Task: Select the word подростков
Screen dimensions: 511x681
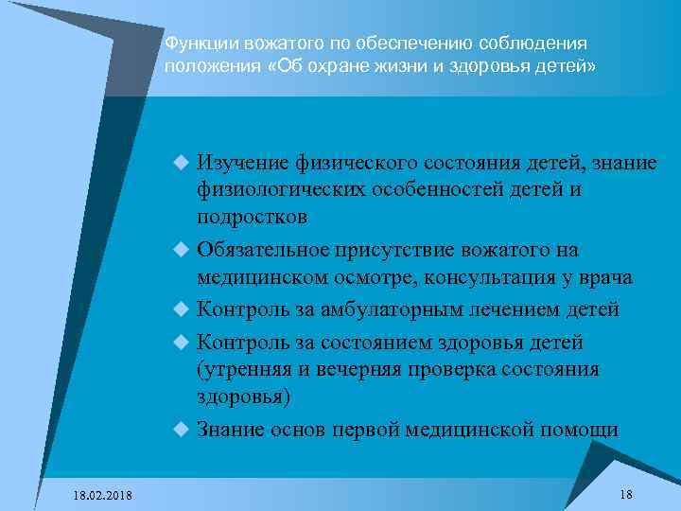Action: pyautogui.click(x=252, y=217)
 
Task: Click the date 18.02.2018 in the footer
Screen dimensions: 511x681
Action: pyautogui.click(x=103, y=496)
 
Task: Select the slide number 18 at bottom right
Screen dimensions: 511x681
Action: pyautogui.click(x=625, y=495)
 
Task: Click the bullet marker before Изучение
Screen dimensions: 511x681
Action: pyautogui.click(x=182, y=164)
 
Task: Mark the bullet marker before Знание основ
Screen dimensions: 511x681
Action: pyautogui.click(x=182, y=428)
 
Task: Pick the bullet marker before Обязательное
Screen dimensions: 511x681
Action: pyautogui.click(x=182, y=250)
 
